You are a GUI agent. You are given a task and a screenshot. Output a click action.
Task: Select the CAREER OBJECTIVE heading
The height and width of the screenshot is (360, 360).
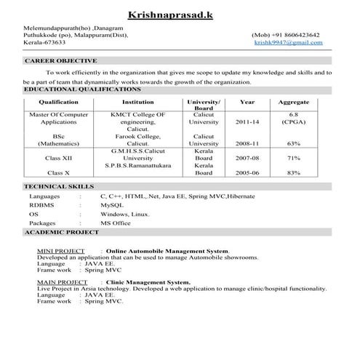point(61,61)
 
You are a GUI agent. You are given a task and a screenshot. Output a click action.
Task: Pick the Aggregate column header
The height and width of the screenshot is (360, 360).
point(294,103)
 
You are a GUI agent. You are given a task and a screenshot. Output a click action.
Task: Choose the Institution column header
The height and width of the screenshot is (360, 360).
point(138,103)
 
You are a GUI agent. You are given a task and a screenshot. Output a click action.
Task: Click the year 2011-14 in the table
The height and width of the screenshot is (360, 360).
point(247,122)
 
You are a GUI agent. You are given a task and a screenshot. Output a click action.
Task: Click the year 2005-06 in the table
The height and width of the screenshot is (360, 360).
point(247,173)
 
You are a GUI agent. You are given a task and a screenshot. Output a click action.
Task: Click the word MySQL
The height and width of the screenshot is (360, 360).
point(113,206)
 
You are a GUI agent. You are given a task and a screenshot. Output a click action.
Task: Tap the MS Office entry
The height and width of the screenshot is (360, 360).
point(116,223)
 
